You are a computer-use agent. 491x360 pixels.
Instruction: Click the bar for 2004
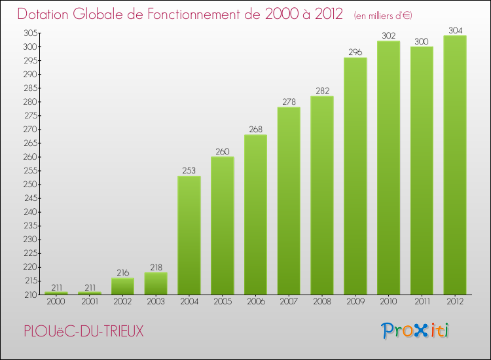(x=189, y=236)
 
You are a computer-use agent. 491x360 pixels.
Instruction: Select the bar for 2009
(x=355, y=177)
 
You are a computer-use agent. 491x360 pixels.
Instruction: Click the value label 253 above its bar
(x=189, y=171)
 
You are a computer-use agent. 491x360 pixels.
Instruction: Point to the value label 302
(x=388, y=36)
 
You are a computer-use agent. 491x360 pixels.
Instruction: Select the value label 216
(x=123, y=272)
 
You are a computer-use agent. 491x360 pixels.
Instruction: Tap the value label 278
(x=289, y=101)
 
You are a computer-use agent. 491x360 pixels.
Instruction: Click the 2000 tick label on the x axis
(x=56, y=302)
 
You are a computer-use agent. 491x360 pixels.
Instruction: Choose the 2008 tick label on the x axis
(x=321, y=302)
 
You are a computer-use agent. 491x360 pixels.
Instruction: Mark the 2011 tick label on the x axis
(x=421, y=302)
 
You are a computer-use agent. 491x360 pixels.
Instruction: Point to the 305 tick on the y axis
(x=31, y=33)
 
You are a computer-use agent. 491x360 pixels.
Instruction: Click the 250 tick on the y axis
(x=31, y=185)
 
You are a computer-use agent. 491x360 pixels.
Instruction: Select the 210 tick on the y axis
(x=31, y=295)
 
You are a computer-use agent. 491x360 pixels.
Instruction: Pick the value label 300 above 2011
(x=421, y=41)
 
